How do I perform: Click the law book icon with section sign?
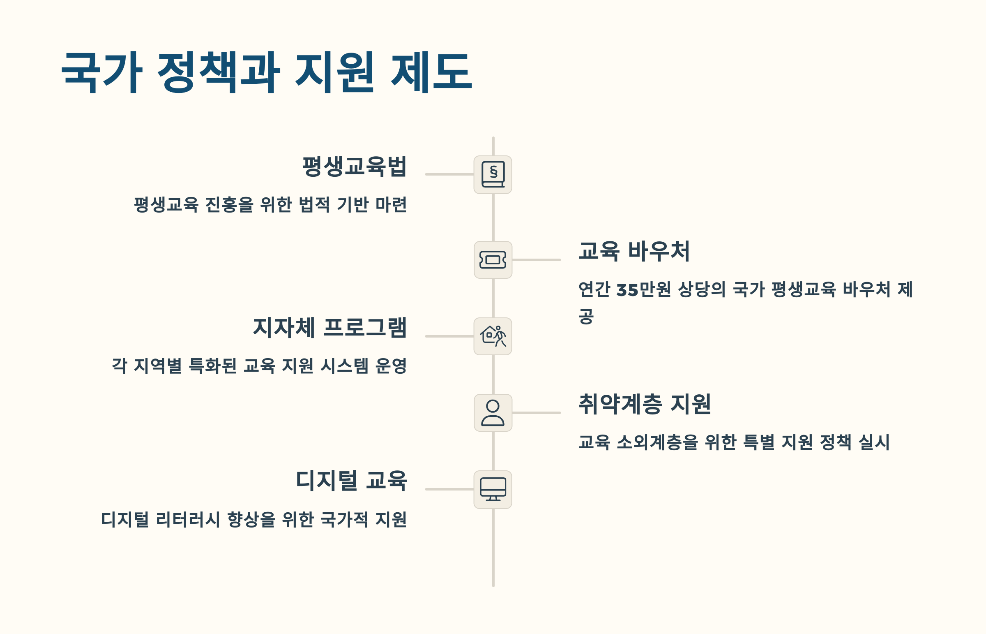(493, 175)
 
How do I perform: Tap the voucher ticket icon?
(493, 260)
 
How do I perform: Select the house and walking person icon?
(493, 336)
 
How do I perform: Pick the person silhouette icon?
(493, 412)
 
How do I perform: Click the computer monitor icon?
(493, 490)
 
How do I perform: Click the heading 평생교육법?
(354, 167)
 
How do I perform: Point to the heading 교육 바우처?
(634, 251)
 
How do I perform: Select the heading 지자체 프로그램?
(329, 328)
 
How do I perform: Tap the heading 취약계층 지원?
(645, 404)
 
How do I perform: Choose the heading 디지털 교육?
(351, 481)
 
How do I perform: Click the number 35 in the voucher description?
(627, 290)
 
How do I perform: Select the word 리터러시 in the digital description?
(188, 520)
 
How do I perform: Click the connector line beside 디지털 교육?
(449, 489)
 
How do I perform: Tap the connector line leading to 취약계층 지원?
(537, 412)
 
